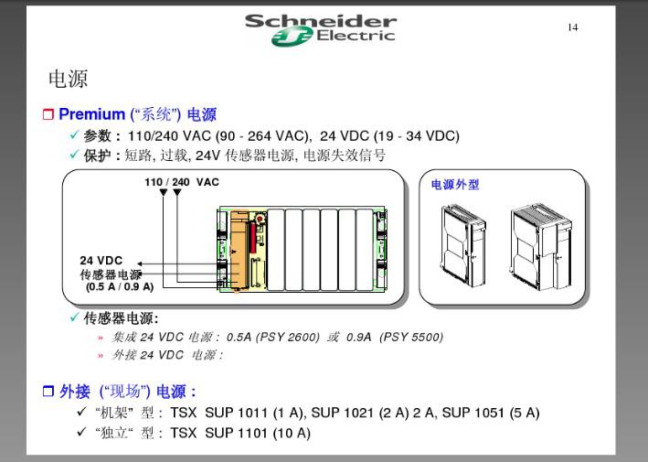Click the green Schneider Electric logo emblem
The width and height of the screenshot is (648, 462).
click(x=292, y=37)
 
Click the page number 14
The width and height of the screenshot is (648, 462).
click(x=573, y=27)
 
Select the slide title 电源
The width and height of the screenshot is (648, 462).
click(x=69, y=79)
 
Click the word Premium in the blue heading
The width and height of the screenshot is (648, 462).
click(x=91, y=113)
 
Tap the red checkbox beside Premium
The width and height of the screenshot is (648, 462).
click(x=48, y=114)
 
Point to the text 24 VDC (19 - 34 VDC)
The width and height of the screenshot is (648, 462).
click(x=389, y=135)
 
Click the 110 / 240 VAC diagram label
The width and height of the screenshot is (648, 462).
click(x=182, y=182)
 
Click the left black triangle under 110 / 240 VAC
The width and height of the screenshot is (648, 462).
click(x=164, y=192)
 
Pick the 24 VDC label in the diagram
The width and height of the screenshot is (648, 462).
click(x=101, y=261)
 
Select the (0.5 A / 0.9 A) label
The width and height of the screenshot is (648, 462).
click(x=120, y=286)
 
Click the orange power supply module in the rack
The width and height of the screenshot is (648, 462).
click(x=239, y=252)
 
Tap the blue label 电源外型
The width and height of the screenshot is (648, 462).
click(x=455, y=185)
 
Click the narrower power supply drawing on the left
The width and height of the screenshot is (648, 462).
click(x=463, y=246)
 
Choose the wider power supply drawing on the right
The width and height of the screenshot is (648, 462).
click(x=541, y=247)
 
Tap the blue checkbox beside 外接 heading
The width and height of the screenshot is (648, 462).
click(x=48, y=391)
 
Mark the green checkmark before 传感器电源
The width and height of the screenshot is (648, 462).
click(x=74, y=317)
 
